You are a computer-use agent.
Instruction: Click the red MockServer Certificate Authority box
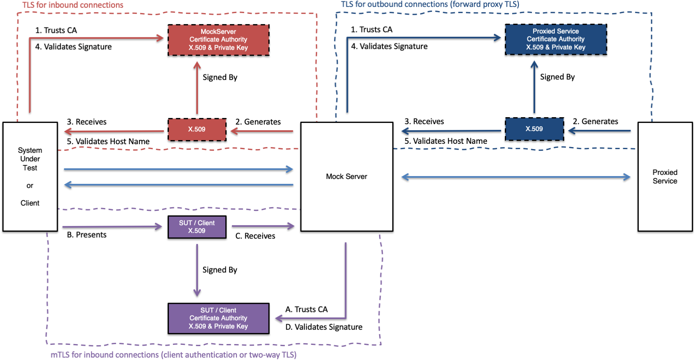click(218, 40)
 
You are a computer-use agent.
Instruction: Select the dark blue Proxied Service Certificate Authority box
click(556, 39)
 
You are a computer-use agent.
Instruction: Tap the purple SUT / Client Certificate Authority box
click(218, 318)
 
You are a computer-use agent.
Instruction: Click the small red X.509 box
click(197, 129)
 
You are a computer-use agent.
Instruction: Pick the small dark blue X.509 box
click(534, 129)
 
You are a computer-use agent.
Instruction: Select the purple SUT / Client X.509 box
click(197, 227)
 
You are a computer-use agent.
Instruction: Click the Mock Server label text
click(346, 177)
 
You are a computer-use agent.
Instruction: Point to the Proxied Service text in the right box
click(665, 177)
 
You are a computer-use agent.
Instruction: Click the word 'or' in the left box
click(30, 186)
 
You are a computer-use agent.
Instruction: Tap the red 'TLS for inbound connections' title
click(73, 5)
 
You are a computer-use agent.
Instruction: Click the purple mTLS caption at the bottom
click(173, 355)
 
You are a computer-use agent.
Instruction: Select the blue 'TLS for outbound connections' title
click(430, 5)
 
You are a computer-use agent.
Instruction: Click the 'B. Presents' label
click(86, 235)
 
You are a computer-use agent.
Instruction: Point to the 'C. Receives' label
click(255, 236)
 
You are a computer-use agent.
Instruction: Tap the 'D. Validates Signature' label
click(324, 327)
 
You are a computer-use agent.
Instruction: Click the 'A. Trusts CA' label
click(307, 309)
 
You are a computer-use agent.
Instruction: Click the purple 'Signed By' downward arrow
click(197, 270)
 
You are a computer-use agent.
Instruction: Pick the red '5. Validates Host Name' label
click(108, 141)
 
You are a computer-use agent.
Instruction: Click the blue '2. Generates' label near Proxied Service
click(595, 121)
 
